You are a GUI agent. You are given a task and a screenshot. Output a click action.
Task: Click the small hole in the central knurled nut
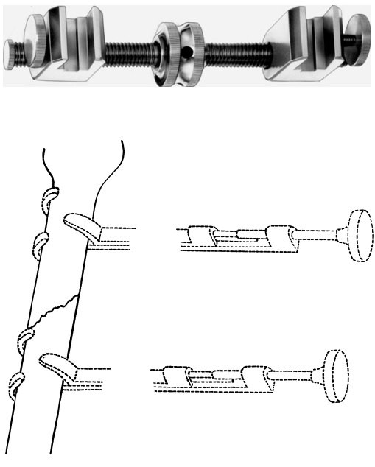click(x=187, y=53)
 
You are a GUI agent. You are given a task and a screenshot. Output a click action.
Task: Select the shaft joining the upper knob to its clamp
click(x=317, y=235)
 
